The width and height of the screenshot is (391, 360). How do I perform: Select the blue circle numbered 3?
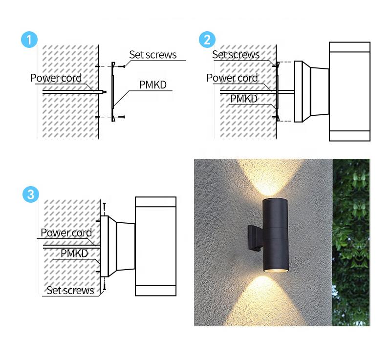point(30,195)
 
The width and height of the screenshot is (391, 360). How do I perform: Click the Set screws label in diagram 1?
point(152,54)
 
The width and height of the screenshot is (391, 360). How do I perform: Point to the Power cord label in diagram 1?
point(56,78)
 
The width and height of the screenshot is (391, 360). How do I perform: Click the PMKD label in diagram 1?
point(152,85)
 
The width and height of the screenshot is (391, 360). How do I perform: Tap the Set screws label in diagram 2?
point(236,55)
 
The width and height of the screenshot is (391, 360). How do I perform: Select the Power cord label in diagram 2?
point(232,78)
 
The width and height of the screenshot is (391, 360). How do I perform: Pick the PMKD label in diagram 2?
point(244,99)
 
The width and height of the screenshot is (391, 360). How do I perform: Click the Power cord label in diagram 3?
point(66,233)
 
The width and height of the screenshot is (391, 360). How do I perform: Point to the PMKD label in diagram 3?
point(74,253)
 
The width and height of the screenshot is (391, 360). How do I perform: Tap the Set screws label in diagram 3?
point(70,291)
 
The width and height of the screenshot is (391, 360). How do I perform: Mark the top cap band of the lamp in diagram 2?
point(349,47)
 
